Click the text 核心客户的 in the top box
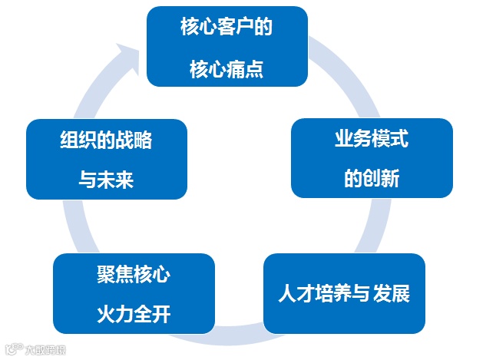click(x=227, y=28)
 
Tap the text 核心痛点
click(x=227, y=69)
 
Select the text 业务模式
click(x=371, y=140)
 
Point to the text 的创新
click(x=371, y=180)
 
